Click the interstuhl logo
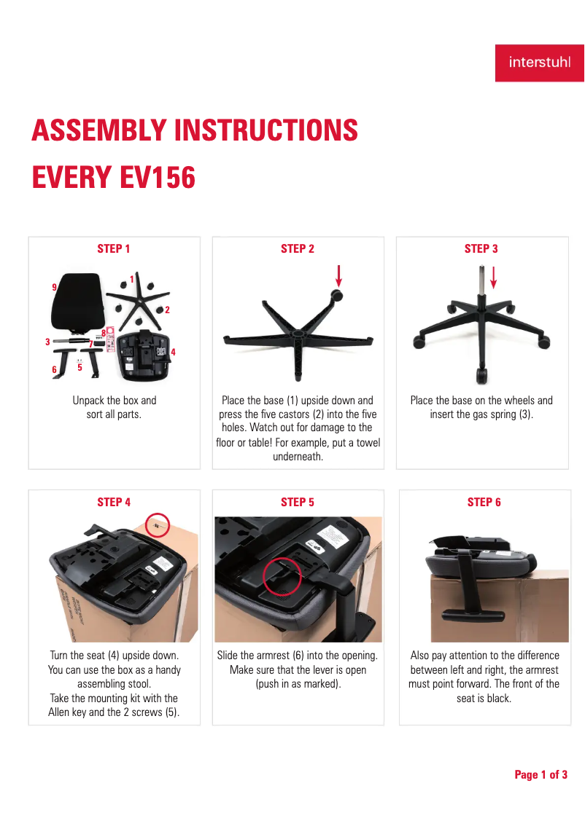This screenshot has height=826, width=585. point(539,63)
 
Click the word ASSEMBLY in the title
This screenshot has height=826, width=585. point(99,130)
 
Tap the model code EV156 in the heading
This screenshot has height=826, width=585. point(158,177)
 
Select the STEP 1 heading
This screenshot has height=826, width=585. point(113,248)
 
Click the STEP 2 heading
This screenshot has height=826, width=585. point(297,248)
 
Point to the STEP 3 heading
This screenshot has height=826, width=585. point(481,248)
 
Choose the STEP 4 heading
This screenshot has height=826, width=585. point(113,502)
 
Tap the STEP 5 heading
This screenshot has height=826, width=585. point(297,502)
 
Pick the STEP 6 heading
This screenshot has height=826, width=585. point(484,502)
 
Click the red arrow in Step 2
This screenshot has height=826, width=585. point(338,275)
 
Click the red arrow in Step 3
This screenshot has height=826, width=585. point(494,278)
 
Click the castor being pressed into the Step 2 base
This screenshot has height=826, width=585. point(336,295)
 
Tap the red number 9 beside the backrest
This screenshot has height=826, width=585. point(54,287)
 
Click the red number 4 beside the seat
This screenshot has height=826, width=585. point(173,352)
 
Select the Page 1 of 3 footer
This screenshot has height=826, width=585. point(541,775)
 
